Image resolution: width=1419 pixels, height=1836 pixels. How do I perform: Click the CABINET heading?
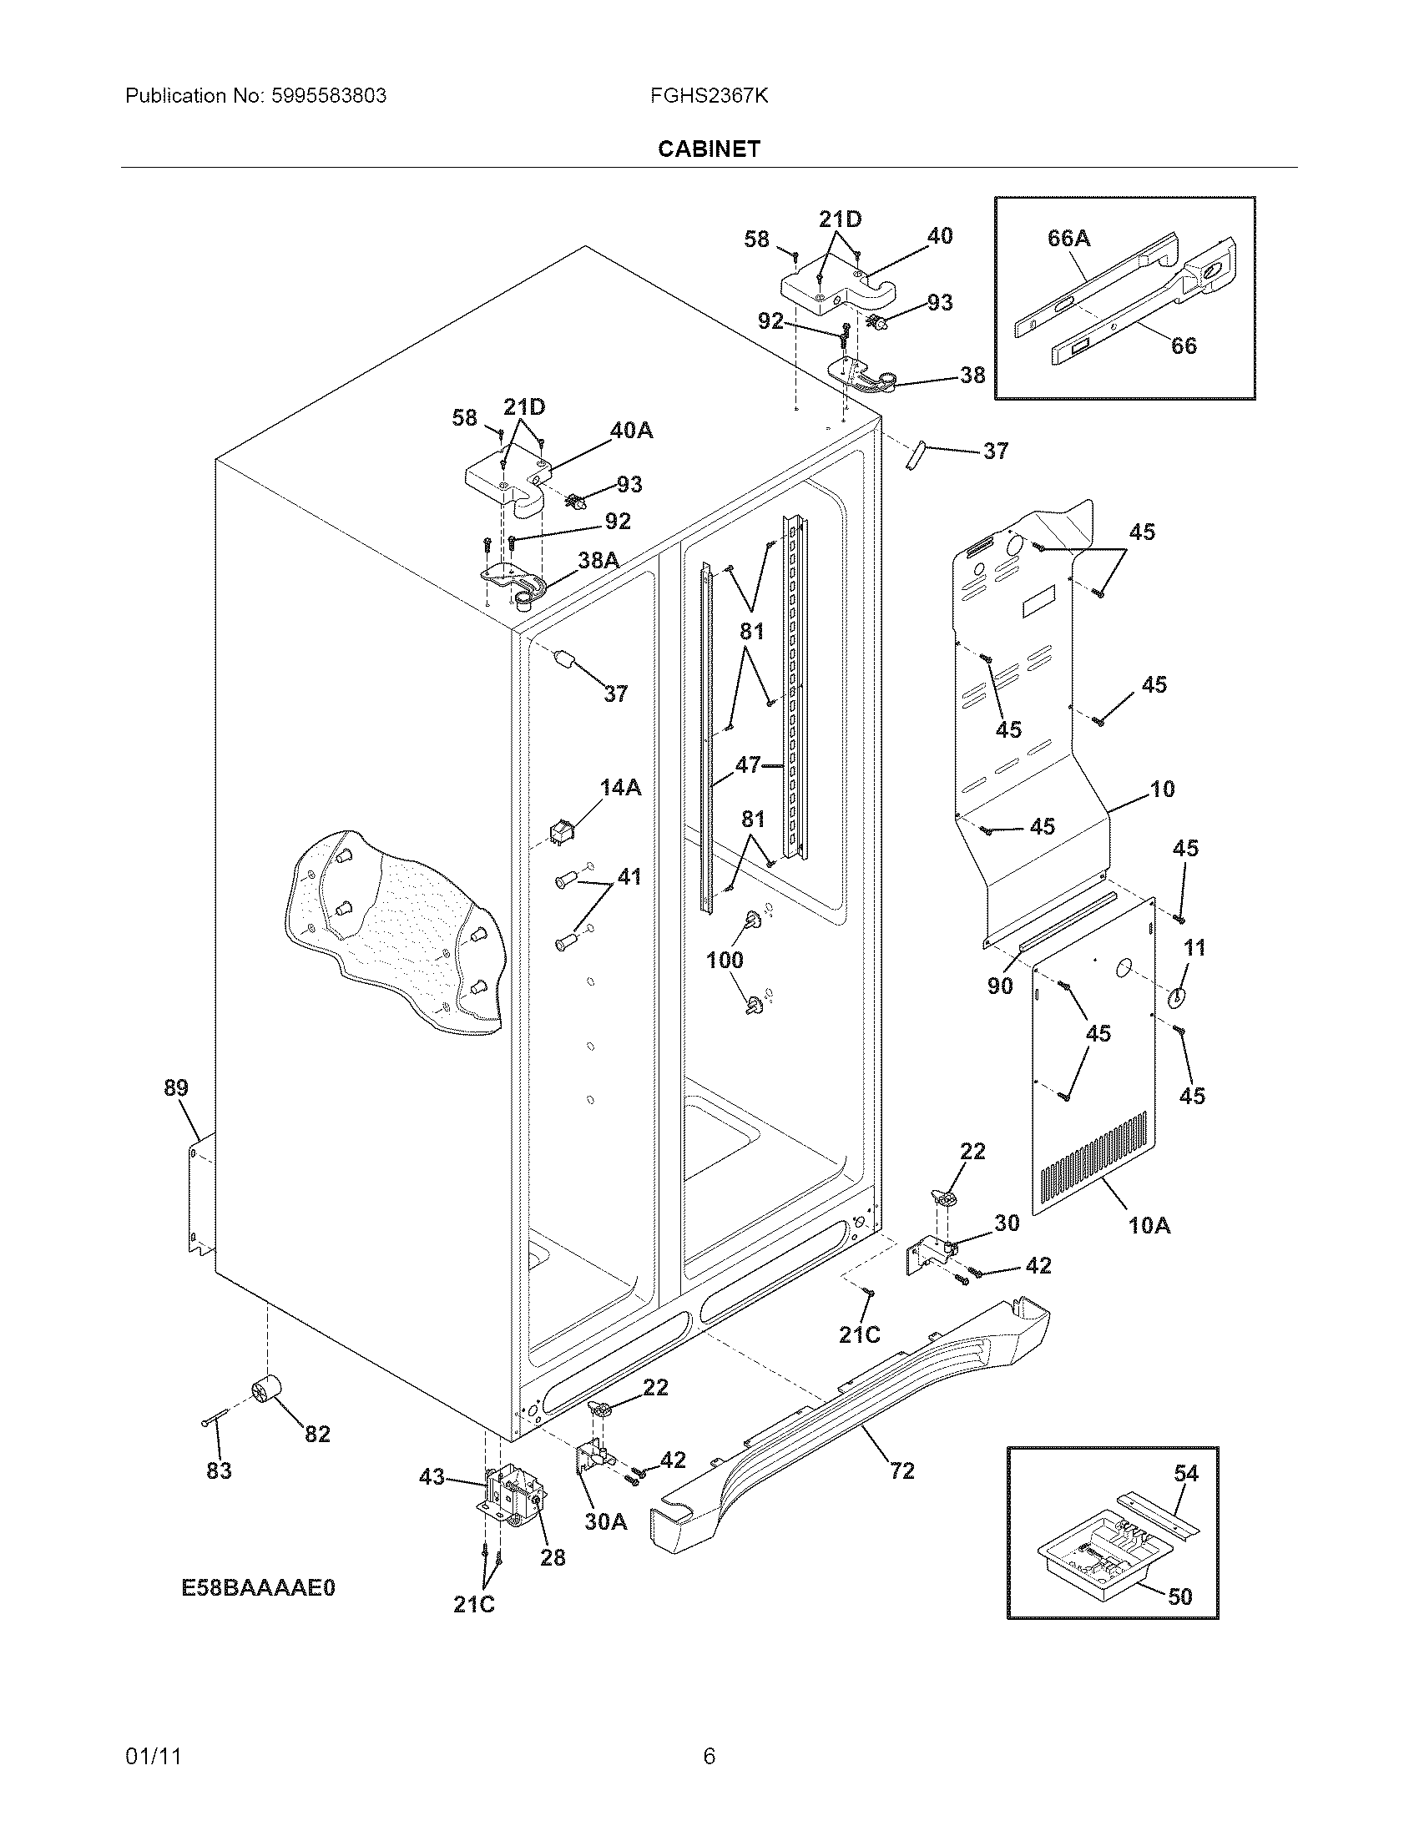(x=709, y=149)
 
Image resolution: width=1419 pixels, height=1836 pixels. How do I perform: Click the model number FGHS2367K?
(x=709, y=96)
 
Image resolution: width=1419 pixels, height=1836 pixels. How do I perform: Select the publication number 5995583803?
(x=330, y=96)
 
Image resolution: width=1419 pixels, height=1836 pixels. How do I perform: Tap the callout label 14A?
(x=620, y=788)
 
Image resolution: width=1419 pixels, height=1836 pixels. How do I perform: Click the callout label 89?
(x=175, y=1087)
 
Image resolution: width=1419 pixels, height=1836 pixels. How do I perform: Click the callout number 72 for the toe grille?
(x=901, y=1470)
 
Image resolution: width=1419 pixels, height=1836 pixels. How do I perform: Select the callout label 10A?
(x=1149, y=1226)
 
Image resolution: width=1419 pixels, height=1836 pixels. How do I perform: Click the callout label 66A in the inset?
(x=1068, y=239)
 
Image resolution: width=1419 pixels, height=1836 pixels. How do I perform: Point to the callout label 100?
(x=725, y=960)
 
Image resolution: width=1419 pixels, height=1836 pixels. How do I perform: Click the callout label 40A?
(x=631, y=431)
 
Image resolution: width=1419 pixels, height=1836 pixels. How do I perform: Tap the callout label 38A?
(x=598, y=560)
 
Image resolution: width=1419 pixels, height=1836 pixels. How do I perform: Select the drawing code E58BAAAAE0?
(x=259, y=1588)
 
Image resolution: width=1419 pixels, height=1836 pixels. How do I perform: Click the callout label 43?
(x=432, y=1476)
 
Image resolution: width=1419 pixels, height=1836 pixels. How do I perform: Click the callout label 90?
(x=999, y=986)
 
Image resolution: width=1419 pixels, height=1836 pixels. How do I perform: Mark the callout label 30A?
(x=606, y=1521)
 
